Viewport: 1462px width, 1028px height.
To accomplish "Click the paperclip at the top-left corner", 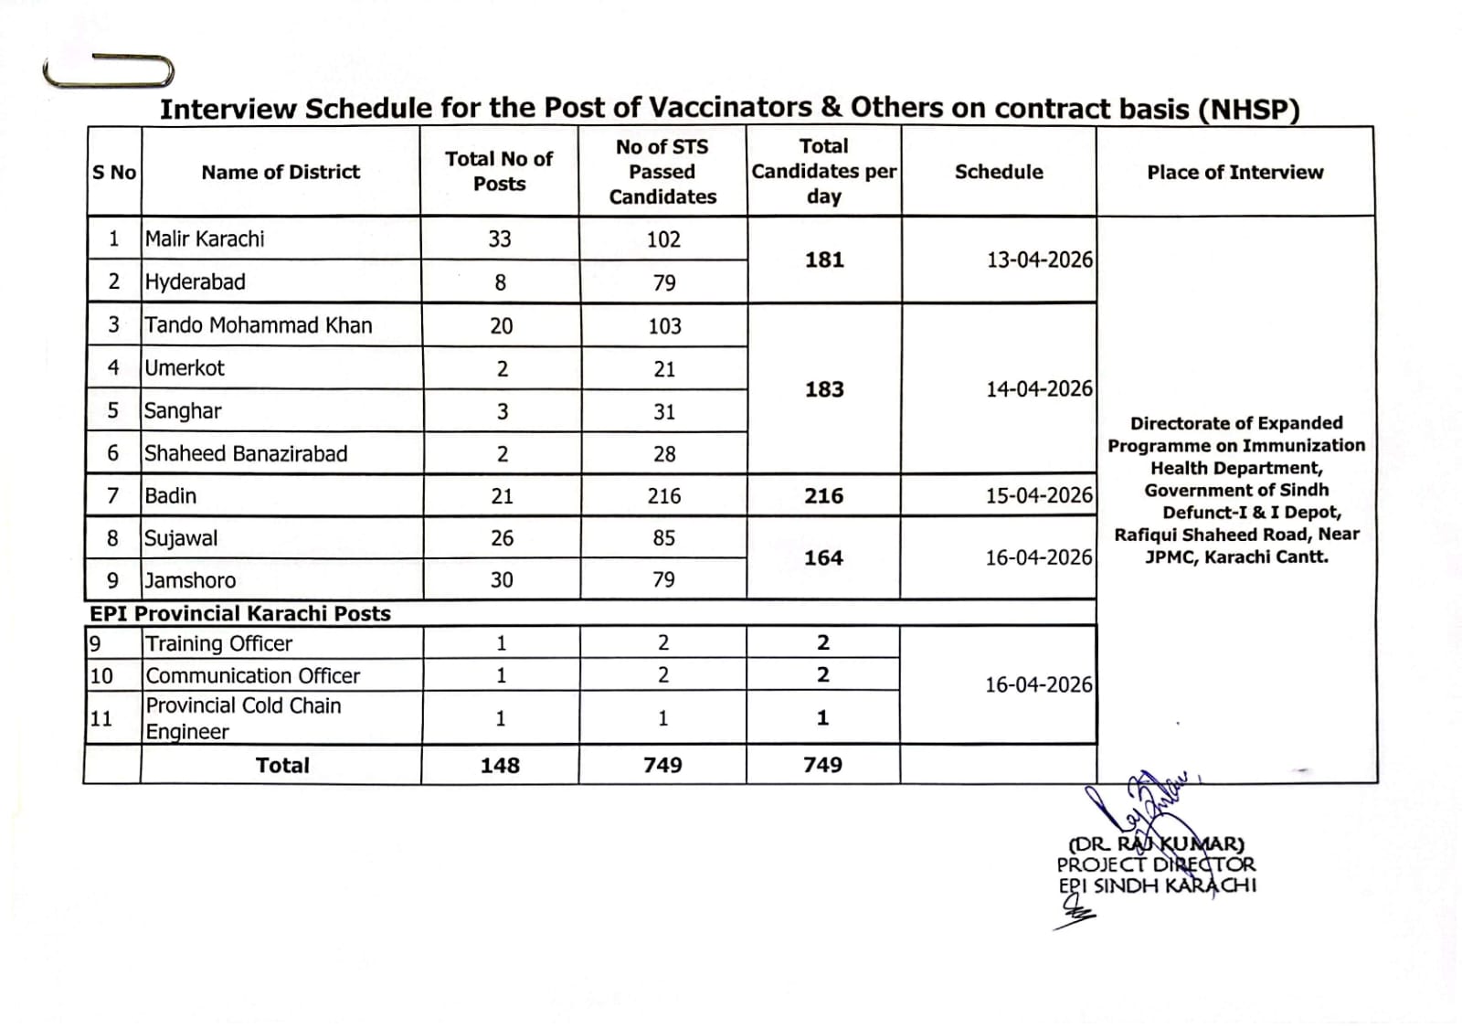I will pyautogui.click(x=109, y=70).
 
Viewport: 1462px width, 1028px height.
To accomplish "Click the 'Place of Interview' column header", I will pyautogui.click(x=1234, y=172).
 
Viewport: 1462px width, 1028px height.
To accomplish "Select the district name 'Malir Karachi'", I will pyautogui.click(x=205, y=238).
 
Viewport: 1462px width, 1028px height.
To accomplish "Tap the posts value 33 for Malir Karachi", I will pyautogui.click(x=500, y=238).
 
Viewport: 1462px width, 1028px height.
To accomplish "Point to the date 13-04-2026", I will pyautogui.click(x=1039, y=260).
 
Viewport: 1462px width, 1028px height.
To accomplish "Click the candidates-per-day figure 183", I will pyautogui.click(x=824, y=389).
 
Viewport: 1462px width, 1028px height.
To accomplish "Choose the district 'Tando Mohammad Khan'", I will pyautogui.click(x=259, y=325).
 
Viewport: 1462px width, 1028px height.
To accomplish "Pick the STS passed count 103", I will pyautogui.click(x=664, y=326).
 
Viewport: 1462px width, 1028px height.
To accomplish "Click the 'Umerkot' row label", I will pyautogui.click(x=185, y=368).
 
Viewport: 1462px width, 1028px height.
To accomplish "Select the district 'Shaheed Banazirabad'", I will pyautogui.click(x=246, y=453).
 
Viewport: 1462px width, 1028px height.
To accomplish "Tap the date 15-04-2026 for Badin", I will pyautogui.click(x=1039, y=495).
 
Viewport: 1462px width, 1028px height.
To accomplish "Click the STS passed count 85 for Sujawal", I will pyautogui.click(x=664, y=538).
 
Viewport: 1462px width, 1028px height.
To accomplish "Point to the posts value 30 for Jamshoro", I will pyautogui.click(x=502, y=580).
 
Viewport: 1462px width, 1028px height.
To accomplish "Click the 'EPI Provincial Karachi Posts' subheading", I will pyautogui.click(x=240, y=613).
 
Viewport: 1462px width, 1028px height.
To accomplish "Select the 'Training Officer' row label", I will pyautogui.click(x=219, y=643).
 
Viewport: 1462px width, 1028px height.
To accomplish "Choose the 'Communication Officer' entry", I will pyautogui.click(x=253, y=675).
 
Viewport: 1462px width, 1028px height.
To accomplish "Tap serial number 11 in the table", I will pyautogui.click(x=101, y=718).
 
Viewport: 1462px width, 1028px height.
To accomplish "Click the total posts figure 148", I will pyautogui.click(x=500, y=765).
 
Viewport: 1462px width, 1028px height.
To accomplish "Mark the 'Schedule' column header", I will pyautogui.click(x=999, y=172).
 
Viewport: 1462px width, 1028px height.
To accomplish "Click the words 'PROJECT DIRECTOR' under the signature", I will pyautogui.click(x=1156, y=864).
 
